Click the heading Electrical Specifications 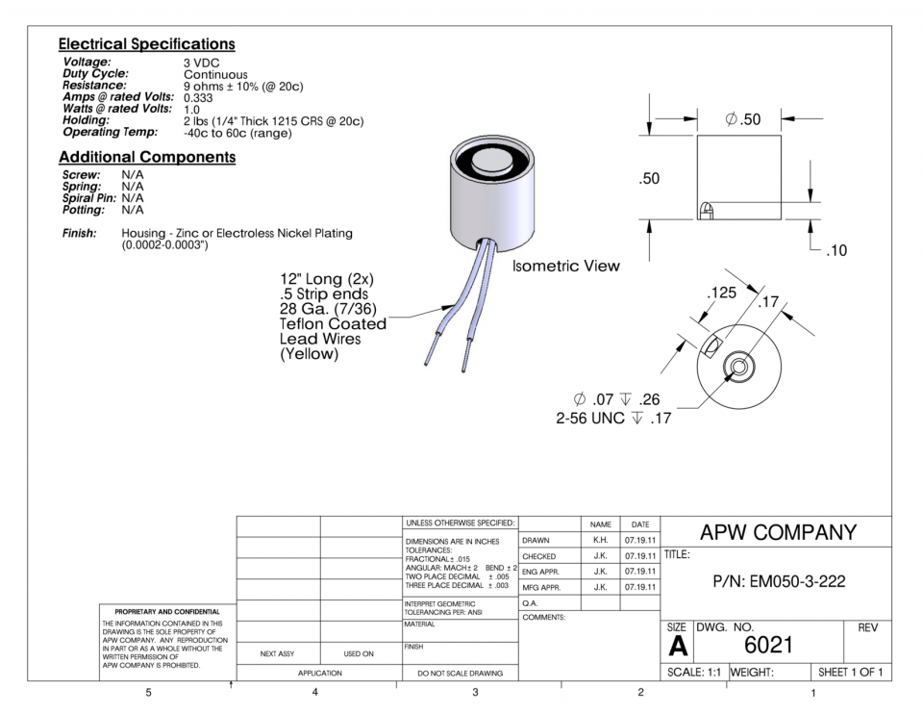pos(146,44)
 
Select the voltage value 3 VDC pos(201,64)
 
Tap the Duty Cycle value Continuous pos(215,75)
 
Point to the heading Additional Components pos(147,157)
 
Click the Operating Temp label pos(110,132)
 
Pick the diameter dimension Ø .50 pos(743,119)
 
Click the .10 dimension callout pos(836,250)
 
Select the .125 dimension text pos(721,293)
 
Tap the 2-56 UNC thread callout pos(590,419)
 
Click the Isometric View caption pos(565,267)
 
